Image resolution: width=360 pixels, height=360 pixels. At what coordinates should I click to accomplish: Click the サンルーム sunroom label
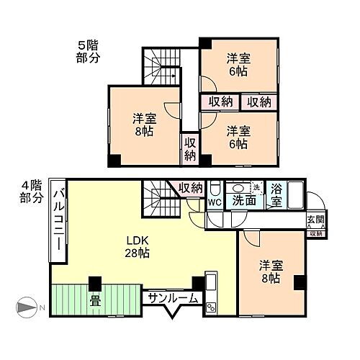coord(170,297)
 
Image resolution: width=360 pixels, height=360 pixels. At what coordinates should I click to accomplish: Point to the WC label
coord(215,202)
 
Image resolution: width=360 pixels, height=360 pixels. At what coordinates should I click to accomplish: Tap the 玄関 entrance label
coord(315,220)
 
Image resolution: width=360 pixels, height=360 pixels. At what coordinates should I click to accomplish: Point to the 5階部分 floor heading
coord(89,52)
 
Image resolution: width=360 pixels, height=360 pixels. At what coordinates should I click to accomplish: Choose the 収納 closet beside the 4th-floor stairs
coord(191,188)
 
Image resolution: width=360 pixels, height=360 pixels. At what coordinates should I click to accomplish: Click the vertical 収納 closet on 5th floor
coord(189,148)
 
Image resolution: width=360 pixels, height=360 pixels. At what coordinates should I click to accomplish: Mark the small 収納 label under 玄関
coord(315,233)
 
